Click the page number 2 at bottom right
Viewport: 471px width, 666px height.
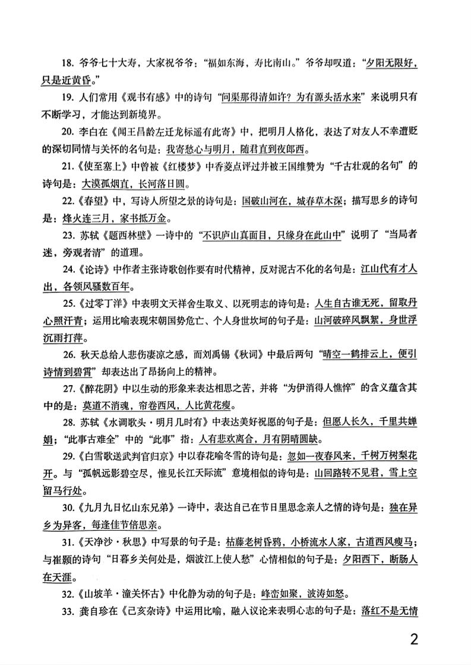[414, 640]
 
